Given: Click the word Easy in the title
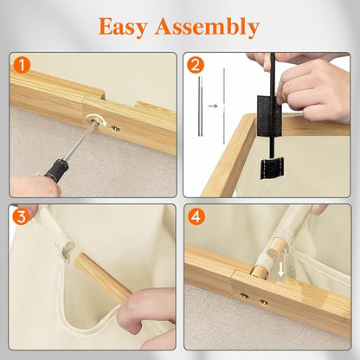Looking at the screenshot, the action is pos(123,28).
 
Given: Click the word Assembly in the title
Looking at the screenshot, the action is pos(207,28).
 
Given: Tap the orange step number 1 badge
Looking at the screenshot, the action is pos(22,65).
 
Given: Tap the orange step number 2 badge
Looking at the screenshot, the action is pos(196,65).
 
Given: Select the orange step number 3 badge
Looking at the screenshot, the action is pos(21,216).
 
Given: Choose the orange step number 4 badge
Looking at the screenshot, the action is pos(196,216).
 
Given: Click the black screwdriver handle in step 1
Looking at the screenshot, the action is pos(56,170).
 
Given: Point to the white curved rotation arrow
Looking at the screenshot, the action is pos(97,119).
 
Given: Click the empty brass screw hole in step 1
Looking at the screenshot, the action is pos(116,129).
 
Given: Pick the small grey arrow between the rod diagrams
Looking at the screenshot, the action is pos(213,106).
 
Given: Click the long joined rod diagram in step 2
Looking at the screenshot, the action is pos(224,106).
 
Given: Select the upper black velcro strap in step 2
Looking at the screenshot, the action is pos(269,112).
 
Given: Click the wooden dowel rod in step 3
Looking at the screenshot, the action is pos(102,277).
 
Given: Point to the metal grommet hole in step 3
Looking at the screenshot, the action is pos(68,249).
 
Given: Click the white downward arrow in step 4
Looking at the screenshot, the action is pos(280,270).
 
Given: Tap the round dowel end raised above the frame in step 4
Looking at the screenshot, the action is pos(275,247).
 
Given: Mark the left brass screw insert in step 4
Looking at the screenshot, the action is pos(245,296).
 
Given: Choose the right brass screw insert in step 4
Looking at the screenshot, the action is pos(264,303).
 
